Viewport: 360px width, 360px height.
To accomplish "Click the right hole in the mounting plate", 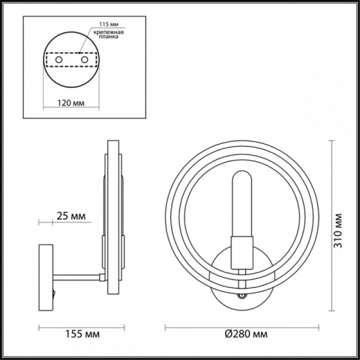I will (85, 61).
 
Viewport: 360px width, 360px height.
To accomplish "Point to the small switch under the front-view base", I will (242, 296).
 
